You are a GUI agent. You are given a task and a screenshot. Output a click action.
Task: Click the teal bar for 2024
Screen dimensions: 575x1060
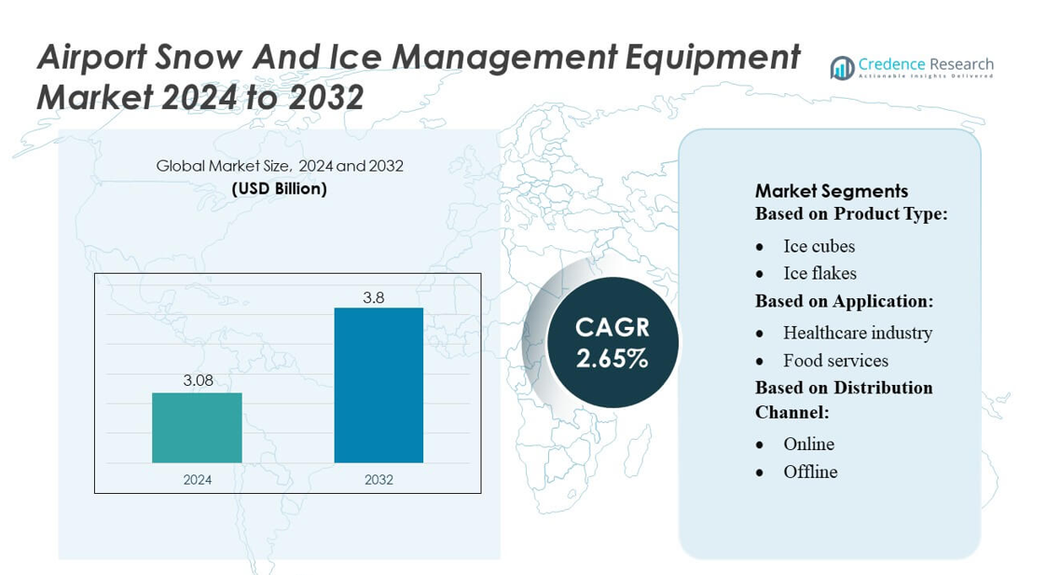tap(197, 428)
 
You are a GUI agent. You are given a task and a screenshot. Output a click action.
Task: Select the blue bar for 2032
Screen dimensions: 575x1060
tap(379, 385)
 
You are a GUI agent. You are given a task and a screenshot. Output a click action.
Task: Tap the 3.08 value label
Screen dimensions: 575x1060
tap(198, 380)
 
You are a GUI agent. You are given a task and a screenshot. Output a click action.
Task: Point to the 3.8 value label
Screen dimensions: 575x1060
tap(373, 298)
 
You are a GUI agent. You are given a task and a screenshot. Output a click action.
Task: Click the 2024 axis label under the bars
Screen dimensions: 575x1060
tap(197, 480)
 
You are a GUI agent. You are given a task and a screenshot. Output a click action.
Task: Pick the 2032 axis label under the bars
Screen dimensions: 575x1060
tap(379, 480)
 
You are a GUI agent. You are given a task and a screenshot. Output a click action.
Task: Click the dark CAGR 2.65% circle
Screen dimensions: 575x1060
tap(612, 342)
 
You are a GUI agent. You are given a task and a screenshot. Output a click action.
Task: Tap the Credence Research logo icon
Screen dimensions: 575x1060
tap(843, 67)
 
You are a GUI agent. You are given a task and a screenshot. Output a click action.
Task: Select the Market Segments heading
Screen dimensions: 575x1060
tap(831, 191)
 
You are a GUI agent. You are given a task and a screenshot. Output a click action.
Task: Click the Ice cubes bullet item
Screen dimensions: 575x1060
tap(819, 246)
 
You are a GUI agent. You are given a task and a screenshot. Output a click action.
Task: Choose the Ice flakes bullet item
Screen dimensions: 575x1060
tap(819, 273)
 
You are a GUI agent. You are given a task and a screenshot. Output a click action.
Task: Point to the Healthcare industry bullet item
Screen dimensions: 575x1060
tap(857, 333)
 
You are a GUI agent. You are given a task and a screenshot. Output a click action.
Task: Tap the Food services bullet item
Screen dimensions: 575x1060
tap(835, 361)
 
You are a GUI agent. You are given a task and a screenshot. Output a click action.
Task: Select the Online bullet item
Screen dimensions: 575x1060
tap(808, 444)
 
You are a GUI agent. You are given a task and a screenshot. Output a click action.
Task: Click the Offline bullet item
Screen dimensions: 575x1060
tap(810, 472)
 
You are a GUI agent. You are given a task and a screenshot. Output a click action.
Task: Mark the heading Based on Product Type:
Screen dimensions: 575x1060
tap(850, 214)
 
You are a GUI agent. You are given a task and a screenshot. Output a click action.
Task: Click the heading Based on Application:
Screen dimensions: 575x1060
tap(844, 301)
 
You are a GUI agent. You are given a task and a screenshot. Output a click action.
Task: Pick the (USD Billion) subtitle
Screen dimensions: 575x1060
tap(279, 188)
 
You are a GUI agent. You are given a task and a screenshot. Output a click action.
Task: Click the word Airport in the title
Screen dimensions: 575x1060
tap(91, 58)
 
